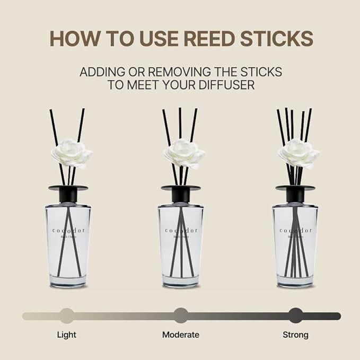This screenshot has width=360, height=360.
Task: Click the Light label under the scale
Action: click(66, 335)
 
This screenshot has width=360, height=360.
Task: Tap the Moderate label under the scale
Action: click(181, 335)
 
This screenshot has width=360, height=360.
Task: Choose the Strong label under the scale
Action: click(295, 335)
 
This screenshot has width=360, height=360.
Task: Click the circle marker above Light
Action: click(66, 316)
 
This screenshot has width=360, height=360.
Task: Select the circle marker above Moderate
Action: click(181, 316)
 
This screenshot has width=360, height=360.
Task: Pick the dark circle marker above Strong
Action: click(295, 316)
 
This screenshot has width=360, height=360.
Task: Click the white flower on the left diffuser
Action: click(71, 153)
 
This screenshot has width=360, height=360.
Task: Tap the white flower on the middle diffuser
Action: click(184, 153)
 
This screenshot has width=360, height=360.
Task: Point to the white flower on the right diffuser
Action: click(298, 153)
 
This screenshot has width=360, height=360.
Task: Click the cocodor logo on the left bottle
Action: click(68, 231)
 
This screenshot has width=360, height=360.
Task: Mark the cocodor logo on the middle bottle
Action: click(181, 231)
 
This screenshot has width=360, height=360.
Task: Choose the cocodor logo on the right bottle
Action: click(295, 231)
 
